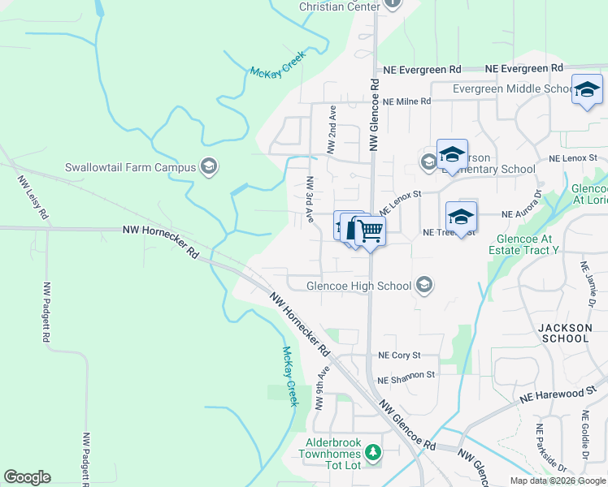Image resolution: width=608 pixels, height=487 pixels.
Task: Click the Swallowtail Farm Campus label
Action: point(130,167)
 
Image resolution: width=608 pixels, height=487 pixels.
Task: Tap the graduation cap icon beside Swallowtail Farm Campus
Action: point(209,167)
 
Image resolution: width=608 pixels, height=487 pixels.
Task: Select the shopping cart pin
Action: point(370,231)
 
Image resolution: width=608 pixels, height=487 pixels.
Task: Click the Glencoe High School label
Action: point(359,285)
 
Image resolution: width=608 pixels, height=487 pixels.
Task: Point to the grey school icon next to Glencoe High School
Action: point(423,284)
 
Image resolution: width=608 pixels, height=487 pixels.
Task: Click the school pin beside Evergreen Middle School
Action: point(586,91)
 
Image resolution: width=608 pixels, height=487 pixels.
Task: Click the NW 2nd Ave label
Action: point(331,129)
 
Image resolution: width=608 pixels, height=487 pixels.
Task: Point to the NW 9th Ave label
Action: point(324,386)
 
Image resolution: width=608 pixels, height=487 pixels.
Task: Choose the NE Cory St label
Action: point(399,356)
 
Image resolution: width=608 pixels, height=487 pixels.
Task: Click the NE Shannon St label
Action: point(406,376)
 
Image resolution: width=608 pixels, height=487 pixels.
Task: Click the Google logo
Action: point(27,477)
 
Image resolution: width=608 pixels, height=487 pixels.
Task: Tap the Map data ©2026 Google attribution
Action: point(557,481)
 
